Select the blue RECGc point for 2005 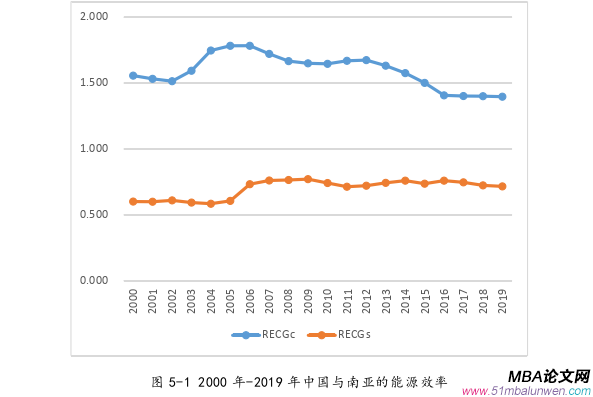pyautogui.click(x=230, y=45)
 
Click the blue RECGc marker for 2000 pyautogui.click(x=133, y=75)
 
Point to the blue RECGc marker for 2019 pyautogui.click(x=503, y=97)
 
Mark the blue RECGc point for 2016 pyautogui.click(x=444, y=95)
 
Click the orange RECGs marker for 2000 pyautogui.click(x=133, y=201)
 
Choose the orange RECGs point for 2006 pyautogui.click(x=250, y=184)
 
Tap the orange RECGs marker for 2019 pyautogui.click(x=503, y=186)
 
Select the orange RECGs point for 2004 pyautogui.click(x=211, y=203)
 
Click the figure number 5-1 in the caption pyautogui.click(x=176, y=381)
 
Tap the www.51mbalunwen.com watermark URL pyautogui.click(x=527, y=390)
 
